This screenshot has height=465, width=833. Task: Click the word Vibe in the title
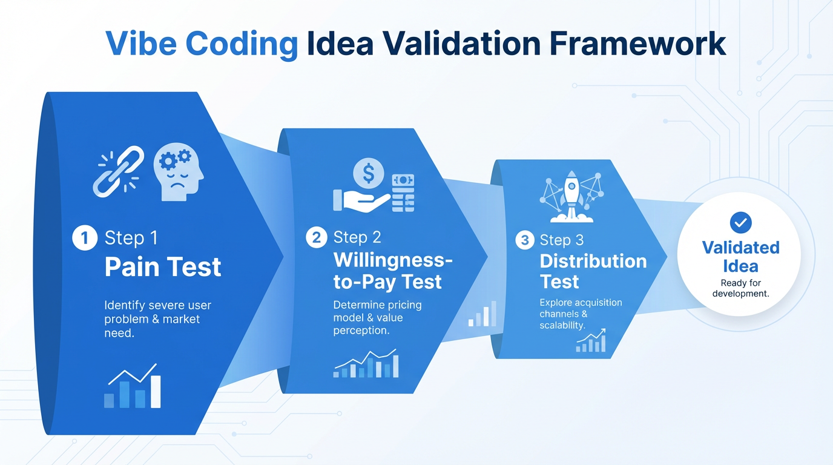pos(140,44)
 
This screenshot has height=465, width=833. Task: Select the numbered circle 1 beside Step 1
pos(84,238)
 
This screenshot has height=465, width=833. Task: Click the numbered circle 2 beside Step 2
pos(317,237)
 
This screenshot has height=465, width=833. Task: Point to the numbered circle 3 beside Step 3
pos(524,240)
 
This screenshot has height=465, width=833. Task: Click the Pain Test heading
pos(163,267)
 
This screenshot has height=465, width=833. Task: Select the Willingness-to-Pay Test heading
pos(392,271)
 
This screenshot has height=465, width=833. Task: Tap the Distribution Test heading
pos(593,271)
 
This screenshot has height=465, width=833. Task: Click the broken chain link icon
pos(119,171)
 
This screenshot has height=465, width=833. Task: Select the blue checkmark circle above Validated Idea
pos(740,223)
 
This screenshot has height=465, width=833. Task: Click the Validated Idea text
pos(740,257)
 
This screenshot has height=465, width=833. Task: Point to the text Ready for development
pos(740,288)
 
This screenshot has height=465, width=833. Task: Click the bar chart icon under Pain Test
pos(133,387)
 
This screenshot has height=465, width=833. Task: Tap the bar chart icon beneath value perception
pos(366,364)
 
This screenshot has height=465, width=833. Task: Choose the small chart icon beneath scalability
pos(591,341)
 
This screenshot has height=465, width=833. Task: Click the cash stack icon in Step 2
pos(402,193)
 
